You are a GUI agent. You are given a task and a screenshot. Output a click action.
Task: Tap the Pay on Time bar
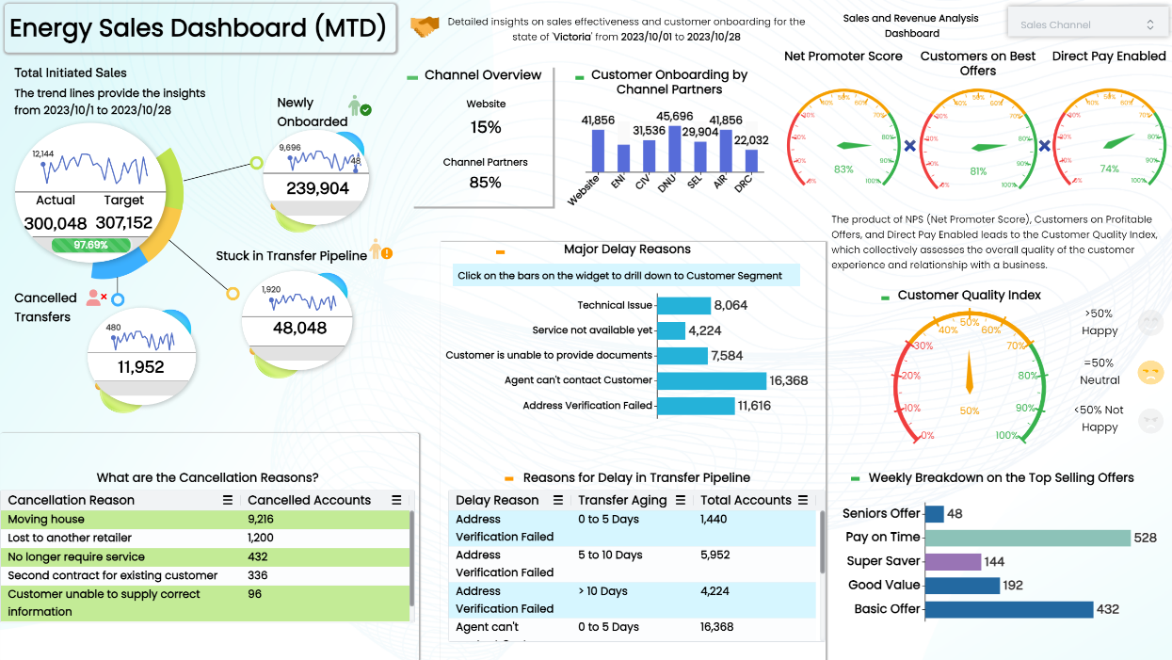tap(1027, 538)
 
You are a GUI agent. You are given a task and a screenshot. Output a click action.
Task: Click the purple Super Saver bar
tap(953, 561)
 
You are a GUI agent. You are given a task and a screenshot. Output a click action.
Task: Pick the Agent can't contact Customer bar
tap(711, 380)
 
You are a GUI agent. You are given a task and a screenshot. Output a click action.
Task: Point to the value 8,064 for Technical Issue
tap(730, 305)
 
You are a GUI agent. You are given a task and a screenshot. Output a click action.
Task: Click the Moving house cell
tap(46, 519)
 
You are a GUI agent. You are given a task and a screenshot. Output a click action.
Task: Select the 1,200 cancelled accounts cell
tap(260, 538)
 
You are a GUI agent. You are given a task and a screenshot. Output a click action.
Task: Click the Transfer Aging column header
tap(622, 500)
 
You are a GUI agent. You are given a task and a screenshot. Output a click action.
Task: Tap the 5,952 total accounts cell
tap(715, 555)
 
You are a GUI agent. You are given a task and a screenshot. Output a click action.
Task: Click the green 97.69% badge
tap(92, 245)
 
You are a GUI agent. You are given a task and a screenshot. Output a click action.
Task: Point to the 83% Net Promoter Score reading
tap(843, 169)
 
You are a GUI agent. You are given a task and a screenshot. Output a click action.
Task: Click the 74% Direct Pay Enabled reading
tap(1110, 169)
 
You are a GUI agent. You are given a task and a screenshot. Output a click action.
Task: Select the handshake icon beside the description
tap(425, 28)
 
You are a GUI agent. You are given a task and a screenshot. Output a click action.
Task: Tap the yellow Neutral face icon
tap(1150, 372)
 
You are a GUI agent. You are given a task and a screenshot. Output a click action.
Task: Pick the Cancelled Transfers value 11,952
tap(140, 367)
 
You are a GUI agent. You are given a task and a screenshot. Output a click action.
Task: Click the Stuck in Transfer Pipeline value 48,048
tap(299, 328)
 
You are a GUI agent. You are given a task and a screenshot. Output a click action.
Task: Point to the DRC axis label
tap(744, 183)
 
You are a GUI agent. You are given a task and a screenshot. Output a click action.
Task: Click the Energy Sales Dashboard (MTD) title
tap(198, 28)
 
